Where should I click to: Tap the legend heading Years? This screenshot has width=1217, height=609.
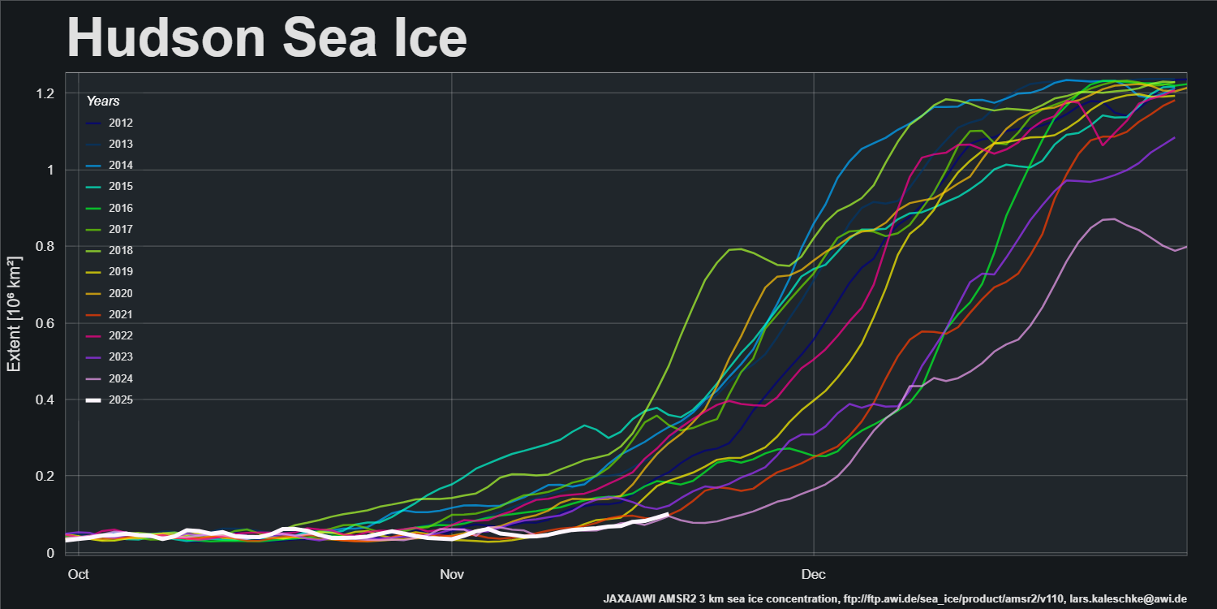(103, 101)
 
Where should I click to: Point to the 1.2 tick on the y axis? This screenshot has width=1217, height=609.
(45, 93)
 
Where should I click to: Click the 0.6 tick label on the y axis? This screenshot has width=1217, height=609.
(45, 323)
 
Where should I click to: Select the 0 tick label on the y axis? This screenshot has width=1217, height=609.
(50, 553)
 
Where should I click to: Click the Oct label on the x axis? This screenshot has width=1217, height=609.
(78, 574)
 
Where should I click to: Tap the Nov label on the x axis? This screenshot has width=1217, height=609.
(451, 574)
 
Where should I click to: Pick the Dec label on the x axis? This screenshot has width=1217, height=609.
(813, 574)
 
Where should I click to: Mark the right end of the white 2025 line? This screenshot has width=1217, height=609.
(667, 514)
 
